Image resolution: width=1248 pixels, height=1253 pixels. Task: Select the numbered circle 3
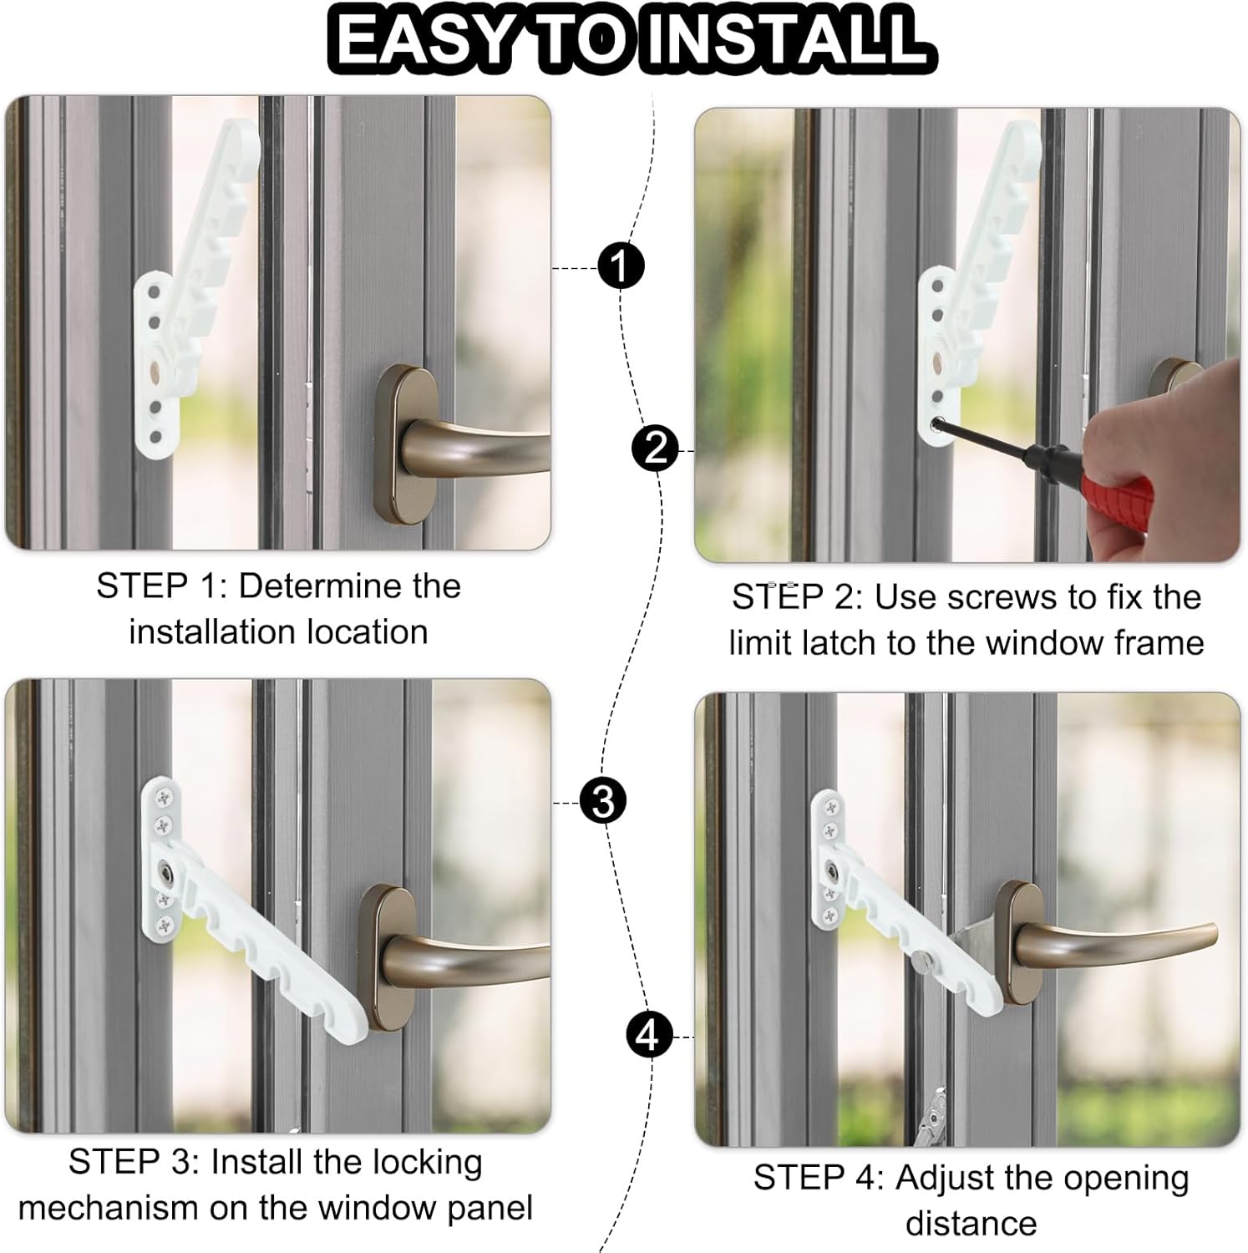(602, 801)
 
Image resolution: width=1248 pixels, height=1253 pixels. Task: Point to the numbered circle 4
(649, 1036)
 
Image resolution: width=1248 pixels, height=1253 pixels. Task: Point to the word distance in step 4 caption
(971, 1224)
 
